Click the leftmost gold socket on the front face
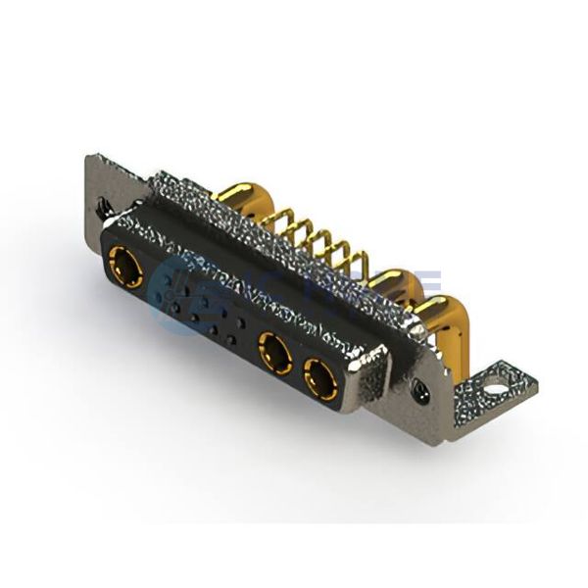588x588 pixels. (125, 267)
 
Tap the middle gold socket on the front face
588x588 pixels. (273, 352)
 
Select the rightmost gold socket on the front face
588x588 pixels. (320, 376)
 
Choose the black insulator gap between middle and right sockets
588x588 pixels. (297, 366)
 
